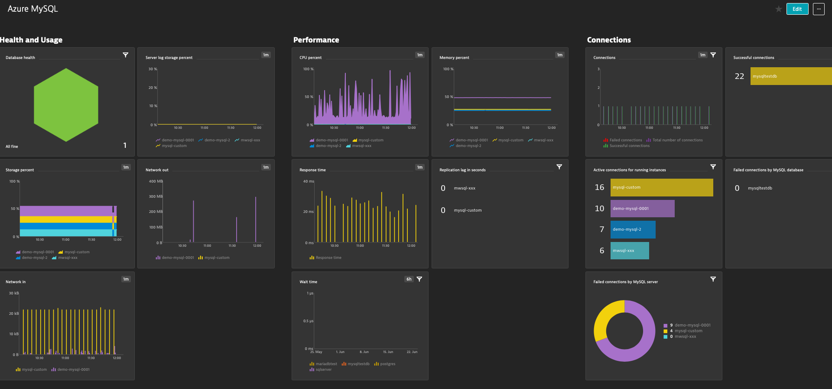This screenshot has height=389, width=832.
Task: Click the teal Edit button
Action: tap(797, 9)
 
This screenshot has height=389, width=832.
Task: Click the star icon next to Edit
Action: tap(779, 9)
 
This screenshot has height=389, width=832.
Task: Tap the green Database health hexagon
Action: tap(66, 105)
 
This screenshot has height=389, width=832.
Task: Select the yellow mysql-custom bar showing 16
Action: tap(661, 187)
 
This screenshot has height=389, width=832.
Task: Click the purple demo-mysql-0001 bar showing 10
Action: tap(642, 209)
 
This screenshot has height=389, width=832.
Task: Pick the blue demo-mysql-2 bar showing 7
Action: tap(633, 229)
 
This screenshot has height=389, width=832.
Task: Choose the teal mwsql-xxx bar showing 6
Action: tap(630, 251)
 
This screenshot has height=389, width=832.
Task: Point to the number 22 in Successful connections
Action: tap(739, 76)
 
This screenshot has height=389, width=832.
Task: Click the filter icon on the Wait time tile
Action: tap(419, 279)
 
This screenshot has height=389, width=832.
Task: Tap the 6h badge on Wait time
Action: tap(409, 279)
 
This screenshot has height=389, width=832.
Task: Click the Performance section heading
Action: tap(316, 40)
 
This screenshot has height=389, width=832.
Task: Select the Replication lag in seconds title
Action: tap(462, 170)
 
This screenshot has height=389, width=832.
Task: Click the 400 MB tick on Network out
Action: tap(156, 181)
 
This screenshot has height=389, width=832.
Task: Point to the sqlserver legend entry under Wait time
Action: tap(323, 369)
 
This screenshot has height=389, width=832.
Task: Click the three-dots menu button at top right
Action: tap(819, 9)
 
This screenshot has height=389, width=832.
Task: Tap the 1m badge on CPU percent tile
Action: tap(419, 55)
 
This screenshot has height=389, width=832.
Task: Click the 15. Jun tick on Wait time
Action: tap(388, 352)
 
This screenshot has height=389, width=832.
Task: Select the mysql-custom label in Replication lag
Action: tap(468, 210)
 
